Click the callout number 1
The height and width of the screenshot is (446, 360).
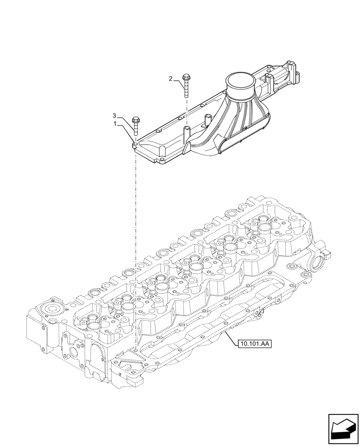[115, 124]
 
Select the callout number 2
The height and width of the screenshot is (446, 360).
[171, 79]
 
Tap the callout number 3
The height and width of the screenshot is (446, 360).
[115, 116]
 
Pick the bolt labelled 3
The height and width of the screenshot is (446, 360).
[135, 125]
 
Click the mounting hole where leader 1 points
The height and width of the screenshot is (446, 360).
[135, 144]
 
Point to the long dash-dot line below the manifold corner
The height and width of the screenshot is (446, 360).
[135, 245]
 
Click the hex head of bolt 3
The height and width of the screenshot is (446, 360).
[136, 120]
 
